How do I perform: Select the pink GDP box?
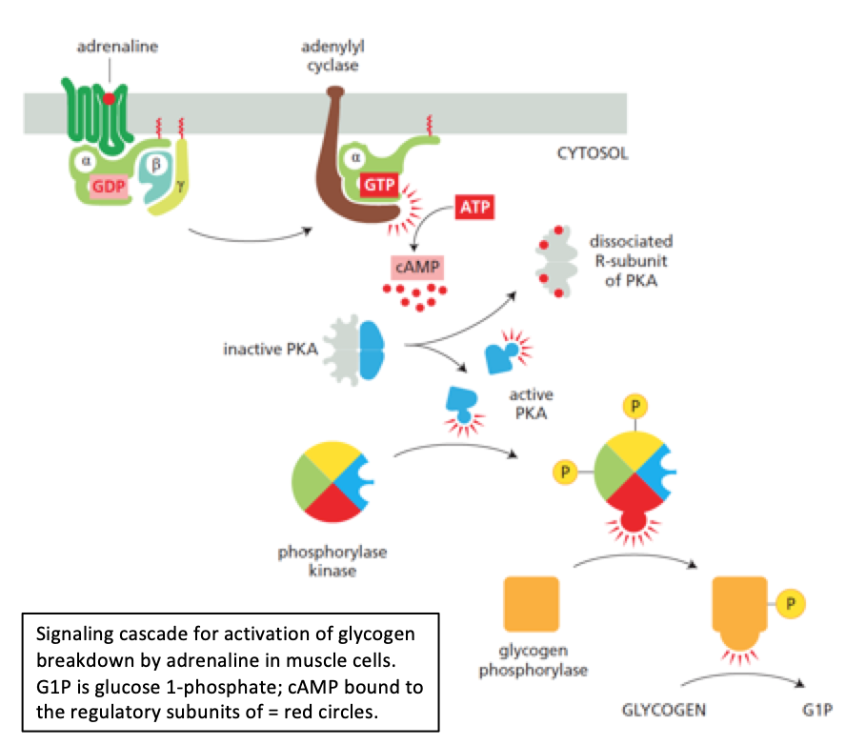[x=109, y=186]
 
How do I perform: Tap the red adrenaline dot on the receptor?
[x=110, y=98]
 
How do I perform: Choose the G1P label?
[x=819, y=710]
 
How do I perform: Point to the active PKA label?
[x=532, y=403]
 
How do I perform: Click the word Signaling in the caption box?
[x=70, y=634]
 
